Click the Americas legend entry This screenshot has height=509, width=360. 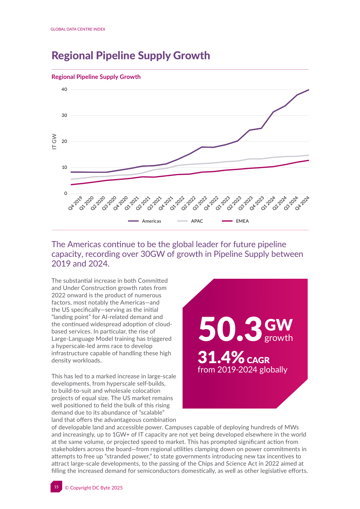tap(144, 221)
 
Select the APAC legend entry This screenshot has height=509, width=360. tap(190, 221)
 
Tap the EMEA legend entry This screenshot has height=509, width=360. tap(236, 221)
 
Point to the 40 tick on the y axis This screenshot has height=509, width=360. tap(64, 90)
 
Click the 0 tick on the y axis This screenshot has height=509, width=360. tap(66, 194)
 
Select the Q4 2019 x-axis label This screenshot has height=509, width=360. tap(75, 203)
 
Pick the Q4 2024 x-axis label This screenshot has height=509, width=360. tap(302, 203)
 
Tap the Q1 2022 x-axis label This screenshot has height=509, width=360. tap(177, 203)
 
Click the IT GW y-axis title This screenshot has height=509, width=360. tap(54, 142)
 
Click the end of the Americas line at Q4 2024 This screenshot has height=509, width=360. tap(309, 90)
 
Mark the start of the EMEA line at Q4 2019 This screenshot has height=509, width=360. tap(71, 185)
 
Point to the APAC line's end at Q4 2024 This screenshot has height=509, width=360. tap(309, 155)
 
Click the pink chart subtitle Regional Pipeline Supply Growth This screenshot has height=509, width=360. tap(96, 77)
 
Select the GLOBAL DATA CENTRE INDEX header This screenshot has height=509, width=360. tap(78, 29)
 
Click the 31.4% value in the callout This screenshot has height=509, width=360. tap(221, 357)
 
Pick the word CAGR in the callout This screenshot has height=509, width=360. tap(258, 360)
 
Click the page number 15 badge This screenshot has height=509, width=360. tap(56, 487)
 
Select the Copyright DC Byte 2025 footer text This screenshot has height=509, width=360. tap(94, 487)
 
